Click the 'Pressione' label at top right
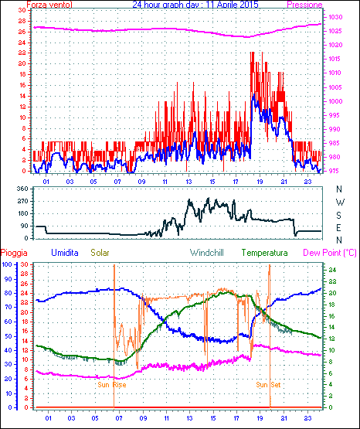pos(304,5)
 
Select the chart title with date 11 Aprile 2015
pos(195,5)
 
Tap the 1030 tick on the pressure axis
pos(335,17)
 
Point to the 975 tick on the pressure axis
pos(335,171)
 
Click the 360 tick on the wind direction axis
pos(22,189)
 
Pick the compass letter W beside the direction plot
pos(340,203)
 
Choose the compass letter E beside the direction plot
pos(338,227)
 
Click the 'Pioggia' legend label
pos(14,253)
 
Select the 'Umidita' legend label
pos(65,253)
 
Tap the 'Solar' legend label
pos(100,253)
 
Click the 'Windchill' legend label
pos(206,253)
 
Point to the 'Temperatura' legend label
pos(265,253)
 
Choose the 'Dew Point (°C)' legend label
pos(330,253)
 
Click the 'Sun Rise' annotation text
pos(112,385)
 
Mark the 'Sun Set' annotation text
pos(268,385)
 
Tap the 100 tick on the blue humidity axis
pos(7,264)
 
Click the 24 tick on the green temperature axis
pos(332,270)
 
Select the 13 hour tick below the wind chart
pos(188,182)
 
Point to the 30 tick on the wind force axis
pos(22,10)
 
